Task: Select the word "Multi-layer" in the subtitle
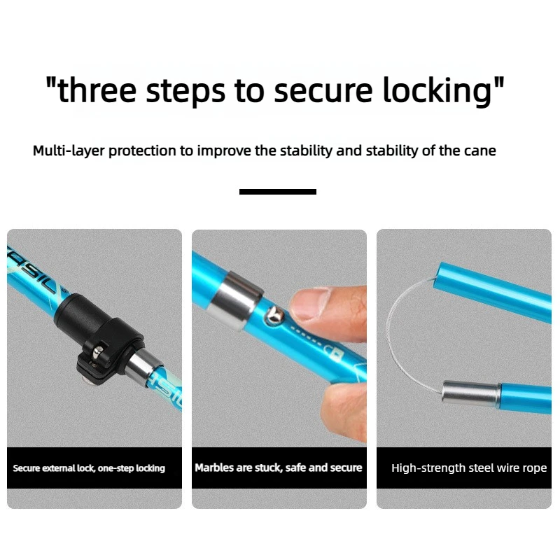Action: [69, 150]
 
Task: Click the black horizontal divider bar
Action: [277, 192]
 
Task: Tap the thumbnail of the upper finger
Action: [310, 303]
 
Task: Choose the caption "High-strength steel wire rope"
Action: [469, 468]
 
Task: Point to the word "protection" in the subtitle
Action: [142, 151]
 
